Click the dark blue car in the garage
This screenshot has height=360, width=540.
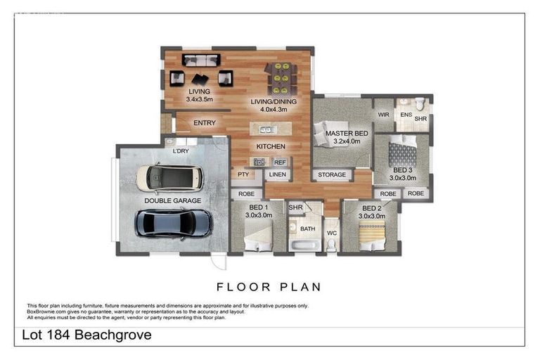(x=173, y=223)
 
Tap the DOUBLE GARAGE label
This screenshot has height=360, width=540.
(x=173, y=200)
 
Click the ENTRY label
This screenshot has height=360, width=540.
(x=205, y=123)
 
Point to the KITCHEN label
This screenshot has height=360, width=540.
(x=271, y=146)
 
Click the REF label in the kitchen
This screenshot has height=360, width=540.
(x=279, y=162)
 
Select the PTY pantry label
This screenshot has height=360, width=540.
(x=244, y=174)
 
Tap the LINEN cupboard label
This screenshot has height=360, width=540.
(x=277, y=174)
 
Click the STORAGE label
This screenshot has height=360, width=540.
(x=332, y=174)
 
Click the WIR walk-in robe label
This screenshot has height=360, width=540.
(x=383, y=115)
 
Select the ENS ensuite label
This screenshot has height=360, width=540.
(x=406, y=114)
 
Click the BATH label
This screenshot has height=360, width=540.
(x=308, y=229)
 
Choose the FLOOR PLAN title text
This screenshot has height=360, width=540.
(x=269, y=287)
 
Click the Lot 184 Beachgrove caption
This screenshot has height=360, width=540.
(x=88, y=335)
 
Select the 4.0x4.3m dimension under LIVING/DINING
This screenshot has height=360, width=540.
(x=274, y=110)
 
